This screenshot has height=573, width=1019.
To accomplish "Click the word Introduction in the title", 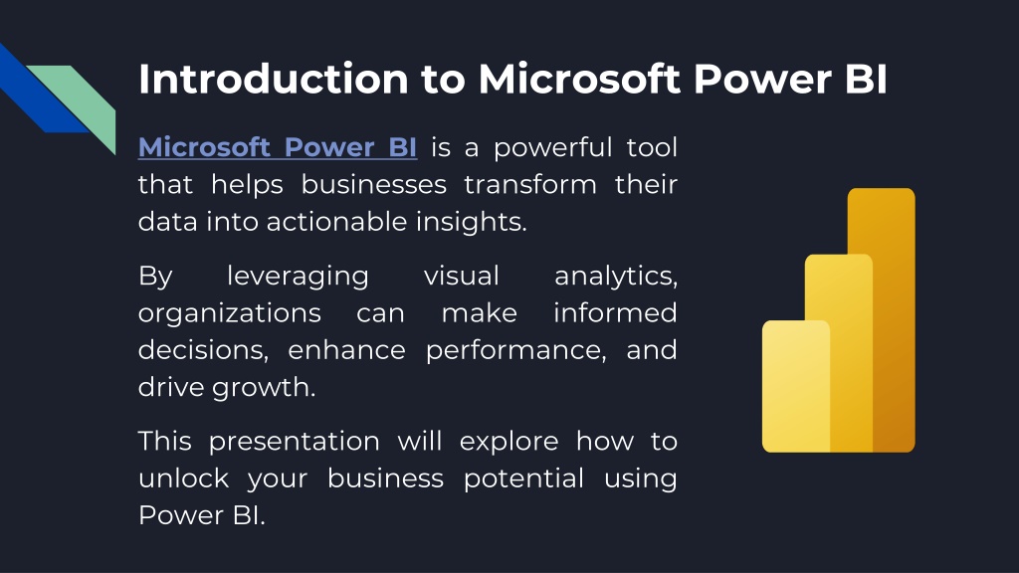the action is click(x=274, y=80).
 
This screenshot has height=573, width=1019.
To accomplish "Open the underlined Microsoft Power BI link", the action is click(x=278, y=147).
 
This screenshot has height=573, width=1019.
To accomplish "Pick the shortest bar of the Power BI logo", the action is click(x=796, y=386).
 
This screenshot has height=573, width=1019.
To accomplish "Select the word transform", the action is click(x=530, y=184).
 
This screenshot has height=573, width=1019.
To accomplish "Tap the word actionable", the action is click(x=336, y=222).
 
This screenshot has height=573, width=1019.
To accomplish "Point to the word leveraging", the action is click(x=298, y=278).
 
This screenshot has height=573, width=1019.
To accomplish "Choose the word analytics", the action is click(x=615, y=278).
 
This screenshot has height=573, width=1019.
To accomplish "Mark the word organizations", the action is click(x=230, y=314).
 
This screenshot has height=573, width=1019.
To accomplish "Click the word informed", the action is click(x=615, y=312).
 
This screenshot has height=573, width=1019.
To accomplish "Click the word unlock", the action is click(x=184, y=478).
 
